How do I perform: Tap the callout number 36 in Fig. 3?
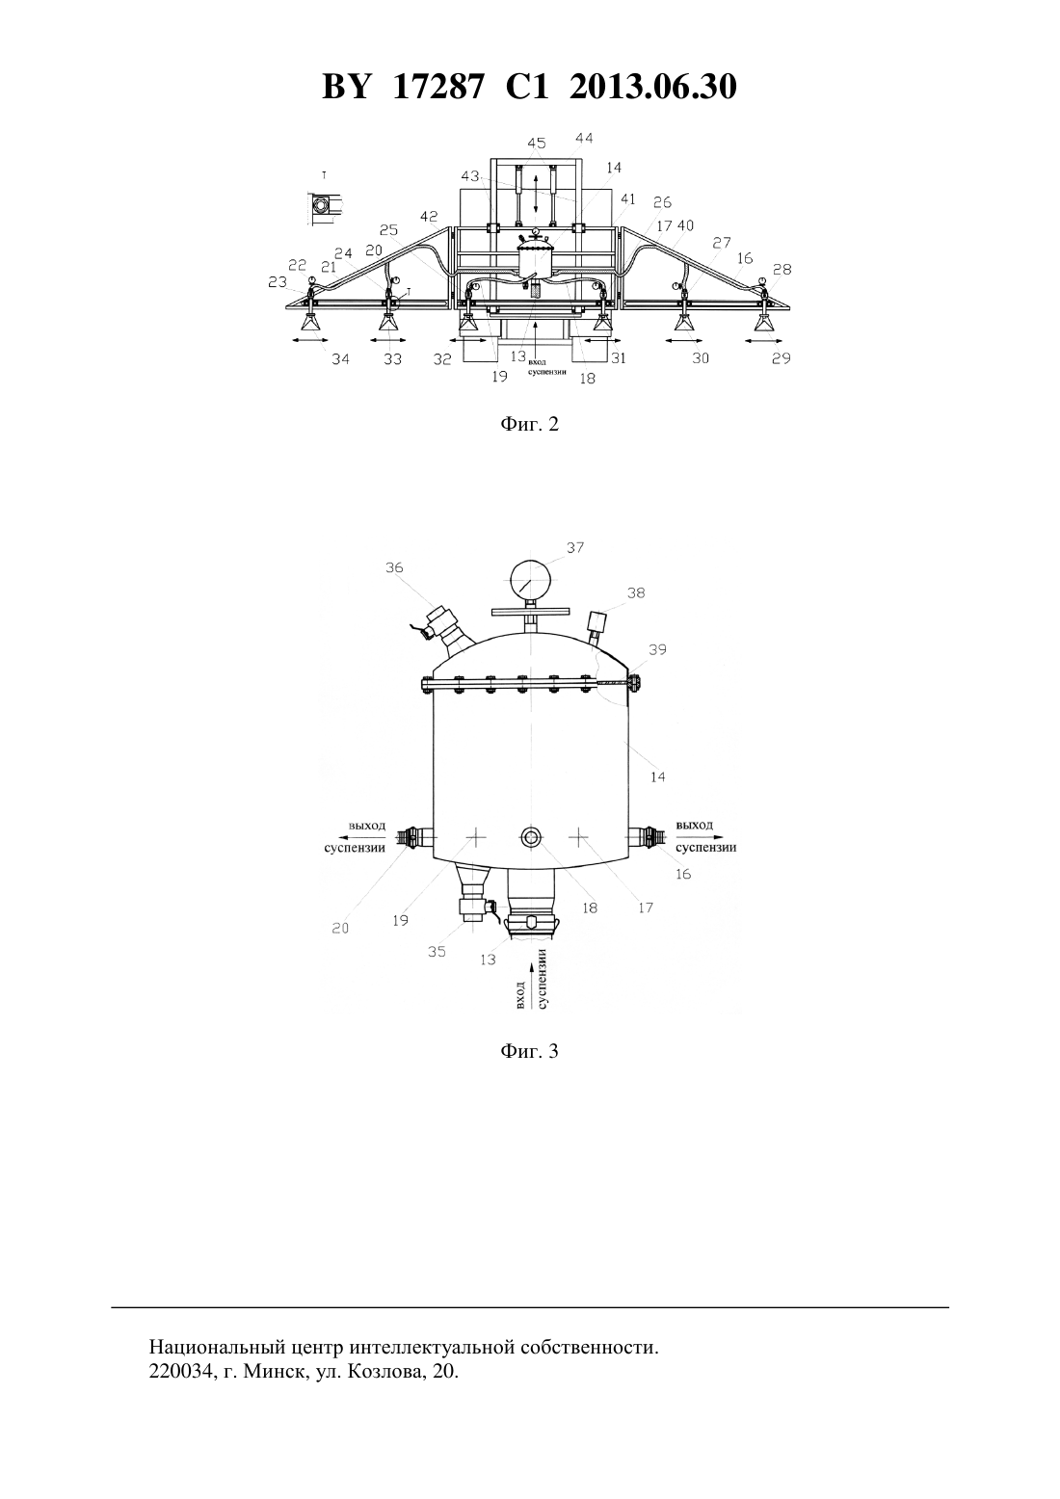pos(394,567)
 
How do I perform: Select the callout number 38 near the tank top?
pos(636,592)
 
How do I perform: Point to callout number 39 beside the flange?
pos(658,649)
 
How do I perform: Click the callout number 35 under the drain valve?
pos(437,952)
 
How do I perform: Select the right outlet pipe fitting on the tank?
pos(645,836)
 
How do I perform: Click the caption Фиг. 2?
pos(529,424)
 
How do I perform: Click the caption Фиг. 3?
pos(529,1051)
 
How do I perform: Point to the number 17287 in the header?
pos(437,87)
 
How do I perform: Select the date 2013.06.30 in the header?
pos(653,87)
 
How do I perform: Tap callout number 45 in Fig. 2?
pos(537,143)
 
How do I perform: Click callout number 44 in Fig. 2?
pos(584,138)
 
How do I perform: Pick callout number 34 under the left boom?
pos(340,359)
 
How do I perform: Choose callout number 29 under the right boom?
pos(781,358)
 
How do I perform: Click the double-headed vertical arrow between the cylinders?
pos(536,195)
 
